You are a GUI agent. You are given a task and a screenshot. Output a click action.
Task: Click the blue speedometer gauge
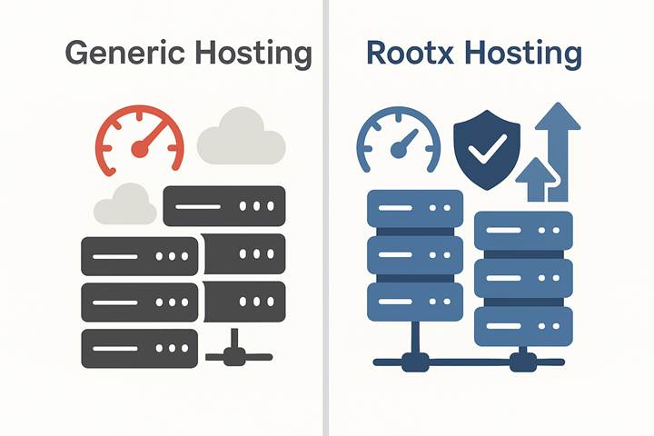tap(396, 144)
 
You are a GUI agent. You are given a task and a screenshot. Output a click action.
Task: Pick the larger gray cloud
tap(241, 139)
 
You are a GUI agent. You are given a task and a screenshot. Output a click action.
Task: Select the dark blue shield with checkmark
tap(486, 150)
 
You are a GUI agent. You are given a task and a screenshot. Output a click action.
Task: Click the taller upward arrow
tap(558, 145)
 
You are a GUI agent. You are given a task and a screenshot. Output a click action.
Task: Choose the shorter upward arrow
tap(533, 180)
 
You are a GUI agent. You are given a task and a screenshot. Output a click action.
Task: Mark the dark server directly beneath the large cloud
tap(223, 205)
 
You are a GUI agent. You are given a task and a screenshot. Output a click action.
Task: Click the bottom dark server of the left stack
tap(140, 348)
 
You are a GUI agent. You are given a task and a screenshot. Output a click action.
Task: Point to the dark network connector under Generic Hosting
tap(233, 354)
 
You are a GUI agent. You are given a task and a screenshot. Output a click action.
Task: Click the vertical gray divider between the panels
tap(326, 218)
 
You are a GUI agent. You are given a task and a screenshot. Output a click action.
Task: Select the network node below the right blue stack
tap(522, 362)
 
